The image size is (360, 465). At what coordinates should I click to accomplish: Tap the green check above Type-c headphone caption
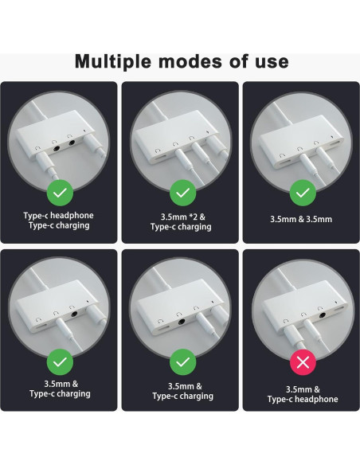[61, 191]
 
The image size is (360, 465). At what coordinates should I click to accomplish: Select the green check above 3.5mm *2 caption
[181, 192]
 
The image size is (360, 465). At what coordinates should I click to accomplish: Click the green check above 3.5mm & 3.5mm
[301, 192]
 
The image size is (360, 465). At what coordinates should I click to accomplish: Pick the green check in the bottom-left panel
[61, 362]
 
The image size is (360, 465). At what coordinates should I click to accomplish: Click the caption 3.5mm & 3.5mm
[301, 219]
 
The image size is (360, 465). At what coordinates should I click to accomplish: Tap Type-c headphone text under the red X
[301, 399]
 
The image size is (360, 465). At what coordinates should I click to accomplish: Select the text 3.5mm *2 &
[181, 216]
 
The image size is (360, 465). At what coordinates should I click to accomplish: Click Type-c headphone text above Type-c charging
[61, 214]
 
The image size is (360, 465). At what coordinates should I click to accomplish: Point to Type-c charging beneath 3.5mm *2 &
[181, 227]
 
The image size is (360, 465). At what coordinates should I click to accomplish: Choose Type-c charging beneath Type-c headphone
[61, 226]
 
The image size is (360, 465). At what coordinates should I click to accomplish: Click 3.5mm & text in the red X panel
[301, 388]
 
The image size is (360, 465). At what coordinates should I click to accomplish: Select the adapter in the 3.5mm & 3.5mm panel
[299, 143]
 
